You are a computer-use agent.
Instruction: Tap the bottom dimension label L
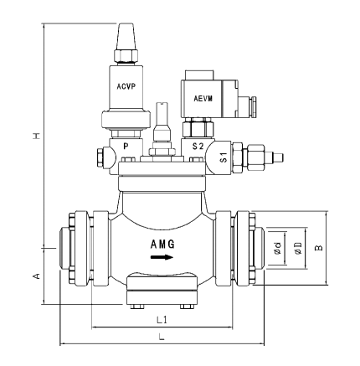click(161, 337)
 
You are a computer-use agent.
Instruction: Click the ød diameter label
click(277, 248)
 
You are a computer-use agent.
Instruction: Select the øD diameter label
click(297, 248)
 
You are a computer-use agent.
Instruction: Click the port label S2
click(197, 146)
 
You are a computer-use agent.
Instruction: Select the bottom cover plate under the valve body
click(163, 289)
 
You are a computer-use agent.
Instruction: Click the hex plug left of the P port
click(104, 157)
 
